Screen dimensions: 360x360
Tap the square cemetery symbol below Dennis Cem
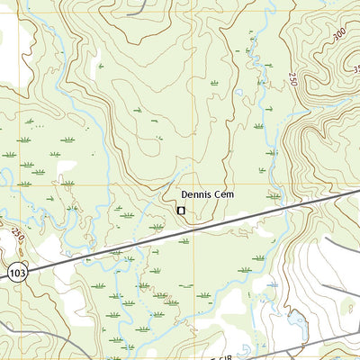pyautogui.click(x=181, y=211)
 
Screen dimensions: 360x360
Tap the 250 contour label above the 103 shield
pyautogui.click(x=18, y=236)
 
